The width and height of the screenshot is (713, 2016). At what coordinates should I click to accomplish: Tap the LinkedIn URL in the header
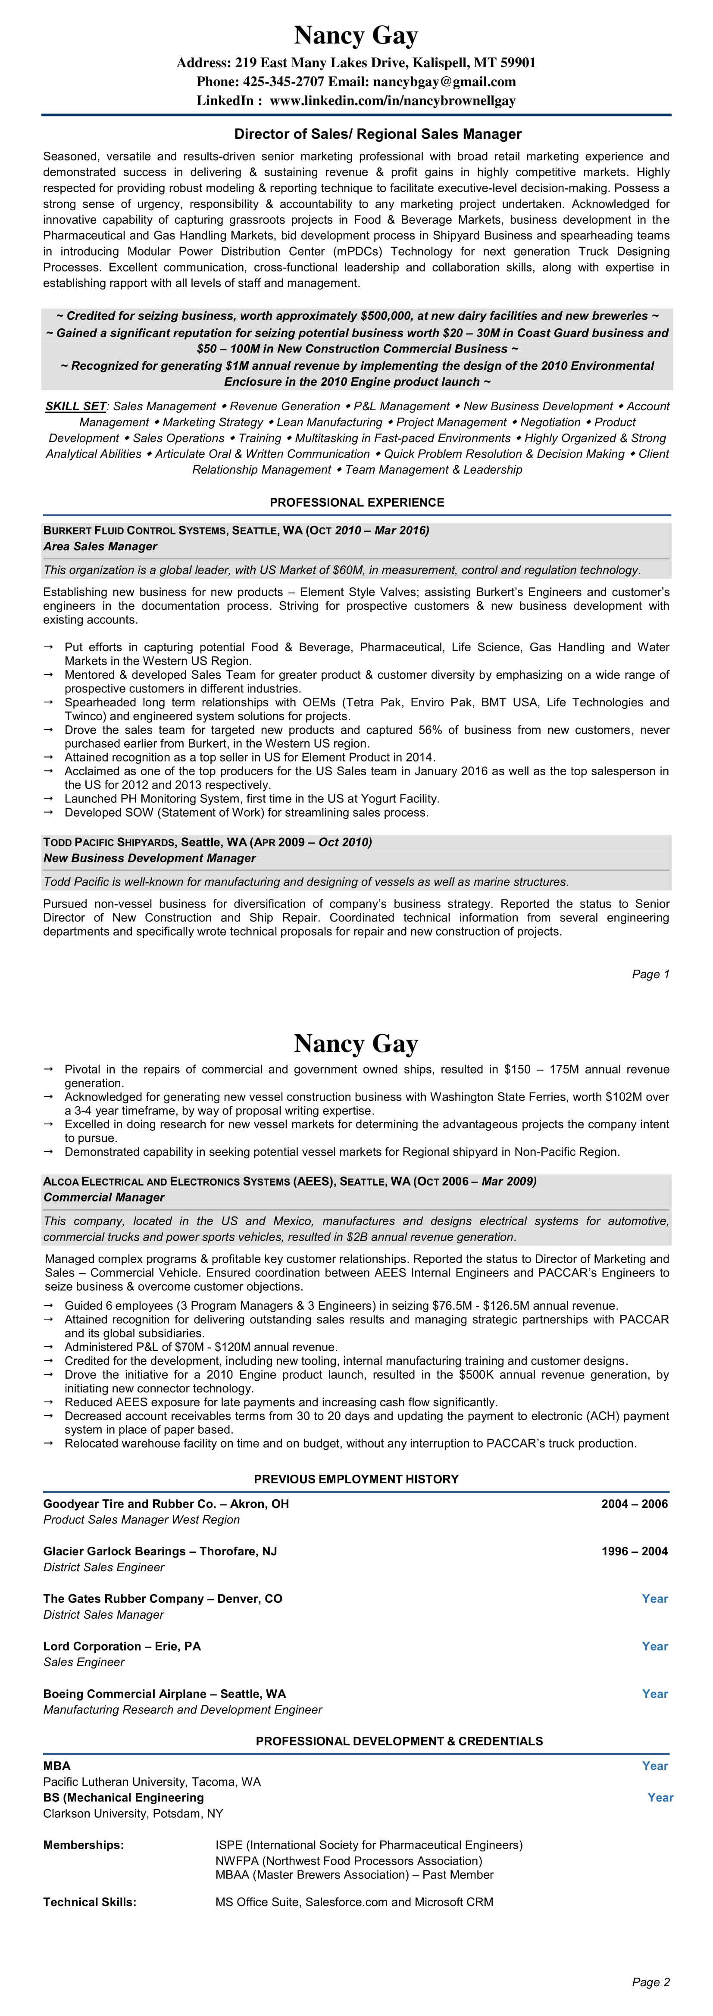point(392,100)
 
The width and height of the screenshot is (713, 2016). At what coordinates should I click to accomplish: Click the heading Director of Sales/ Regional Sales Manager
point(378,134)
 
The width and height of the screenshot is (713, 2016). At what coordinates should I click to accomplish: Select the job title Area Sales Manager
point(100,546)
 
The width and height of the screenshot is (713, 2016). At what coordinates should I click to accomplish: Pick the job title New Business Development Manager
point(150,858)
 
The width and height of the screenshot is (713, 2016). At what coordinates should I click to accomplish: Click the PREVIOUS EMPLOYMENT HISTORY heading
point(356,1479)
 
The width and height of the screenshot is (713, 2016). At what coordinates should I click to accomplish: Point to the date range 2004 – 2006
point(634,1504)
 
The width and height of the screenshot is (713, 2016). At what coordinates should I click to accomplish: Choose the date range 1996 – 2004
point(634,1551)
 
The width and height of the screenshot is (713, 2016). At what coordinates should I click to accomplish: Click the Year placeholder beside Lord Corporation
point(654,1646)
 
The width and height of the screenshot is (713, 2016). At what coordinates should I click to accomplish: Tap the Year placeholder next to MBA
point(654,1766)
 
